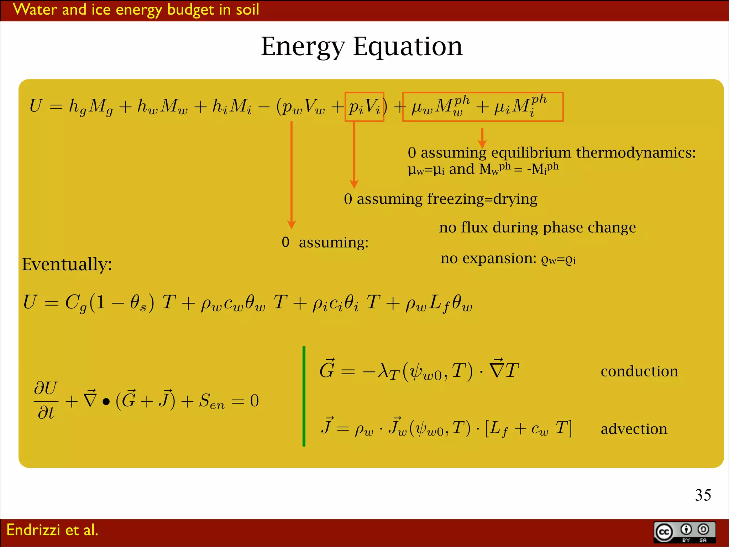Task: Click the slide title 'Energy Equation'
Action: pos(362,47)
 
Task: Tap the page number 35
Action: pos(703,495)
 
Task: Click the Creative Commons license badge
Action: pos(685,532)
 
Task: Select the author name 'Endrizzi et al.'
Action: pos(52,530)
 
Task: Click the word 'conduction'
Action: pos(639,371)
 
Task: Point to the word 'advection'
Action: pos(634,429)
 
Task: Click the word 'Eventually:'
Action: pos(67,264)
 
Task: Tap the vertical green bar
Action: pos(304,396)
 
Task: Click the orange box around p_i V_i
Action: pos(364,107)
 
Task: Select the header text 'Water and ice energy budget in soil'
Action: pos(136,10)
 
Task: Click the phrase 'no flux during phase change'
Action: pos(537,227)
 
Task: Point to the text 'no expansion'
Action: pos(488,258)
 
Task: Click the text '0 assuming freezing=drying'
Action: pos(441,199)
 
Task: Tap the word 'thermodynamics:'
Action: pos(636,153)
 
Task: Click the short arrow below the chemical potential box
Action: pos(482,138)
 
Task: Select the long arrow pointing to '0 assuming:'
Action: pos(292,174)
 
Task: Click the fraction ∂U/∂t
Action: pos(46,401)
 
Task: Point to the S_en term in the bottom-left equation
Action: pos(212,401)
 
